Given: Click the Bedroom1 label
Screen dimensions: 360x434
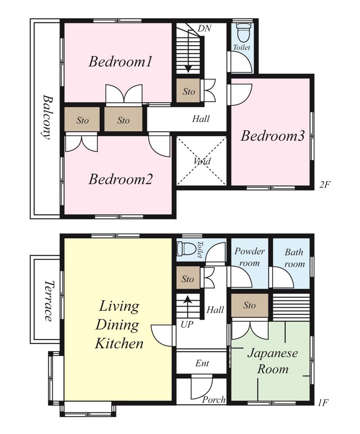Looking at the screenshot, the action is click(x=121, y=61).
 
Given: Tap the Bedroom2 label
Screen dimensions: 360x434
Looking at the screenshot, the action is click(x=121, y=179).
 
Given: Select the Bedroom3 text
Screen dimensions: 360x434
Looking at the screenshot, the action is click(x=273, y=136).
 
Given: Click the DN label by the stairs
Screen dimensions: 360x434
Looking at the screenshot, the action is click(x=205, y=28).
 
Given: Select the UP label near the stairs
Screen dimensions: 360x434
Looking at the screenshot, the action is click(x=187, y=324).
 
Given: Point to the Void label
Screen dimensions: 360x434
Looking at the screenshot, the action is click(x=202, y=161).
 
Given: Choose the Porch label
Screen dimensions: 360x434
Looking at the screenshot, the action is click(x=214, y=400).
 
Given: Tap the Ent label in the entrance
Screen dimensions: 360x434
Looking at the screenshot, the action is click(x=202, y=363).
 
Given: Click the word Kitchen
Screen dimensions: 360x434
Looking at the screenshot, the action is click(x=119, y=344).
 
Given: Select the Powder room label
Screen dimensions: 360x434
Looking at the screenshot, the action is click(x=250, y=257).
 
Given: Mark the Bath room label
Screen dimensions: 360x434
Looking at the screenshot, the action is click(x=294, y=258).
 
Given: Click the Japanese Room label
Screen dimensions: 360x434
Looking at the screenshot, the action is click(x=273, y=361).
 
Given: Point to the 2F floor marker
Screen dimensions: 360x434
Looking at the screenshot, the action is click(x=325, y=184).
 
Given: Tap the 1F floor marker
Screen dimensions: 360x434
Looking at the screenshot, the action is click(x=323, y=402).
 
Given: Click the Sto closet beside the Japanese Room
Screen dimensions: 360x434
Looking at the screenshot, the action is click(x=250, y=305).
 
